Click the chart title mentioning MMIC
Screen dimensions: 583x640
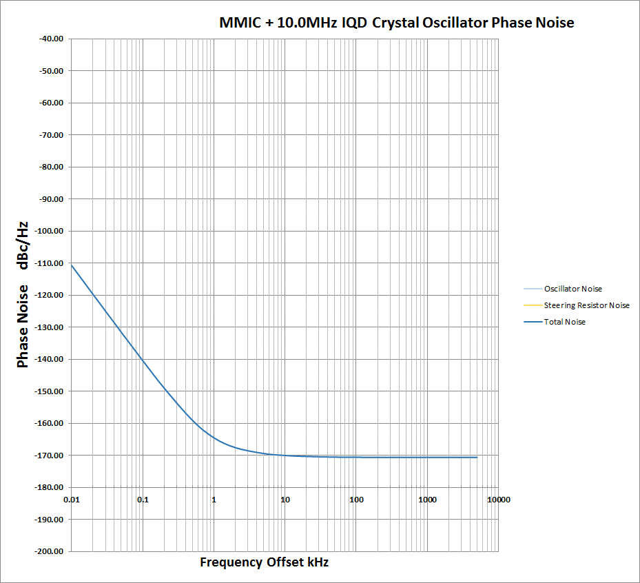396,23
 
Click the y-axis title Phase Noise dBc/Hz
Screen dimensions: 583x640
23,294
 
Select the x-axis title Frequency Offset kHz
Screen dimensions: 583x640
264,562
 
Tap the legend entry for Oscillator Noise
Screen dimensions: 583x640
577,289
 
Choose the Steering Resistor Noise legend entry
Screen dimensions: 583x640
586,305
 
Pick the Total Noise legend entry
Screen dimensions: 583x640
564,322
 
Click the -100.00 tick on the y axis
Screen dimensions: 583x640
48,231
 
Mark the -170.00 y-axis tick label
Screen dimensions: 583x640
48,456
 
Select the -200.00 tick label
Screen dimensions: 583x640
48,551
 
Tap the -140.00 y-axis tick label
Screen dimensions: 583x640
48,359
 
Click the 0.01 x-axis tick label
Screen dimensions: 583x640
72,499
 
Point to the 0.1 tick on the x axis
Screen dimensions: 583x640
143,499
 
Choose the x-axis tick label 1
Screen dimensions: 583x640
214,499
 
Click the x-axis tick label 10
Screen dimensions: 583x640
285,499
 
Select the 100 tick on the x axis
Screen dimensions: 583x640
356,499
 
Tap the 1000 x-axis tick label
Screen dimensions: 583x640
427,499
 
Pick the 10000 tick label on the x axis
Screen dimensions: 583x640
498,499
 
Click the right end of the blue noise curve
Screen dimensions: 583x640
477,457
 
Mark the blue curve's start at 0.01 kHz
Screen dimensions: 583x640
72,265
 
